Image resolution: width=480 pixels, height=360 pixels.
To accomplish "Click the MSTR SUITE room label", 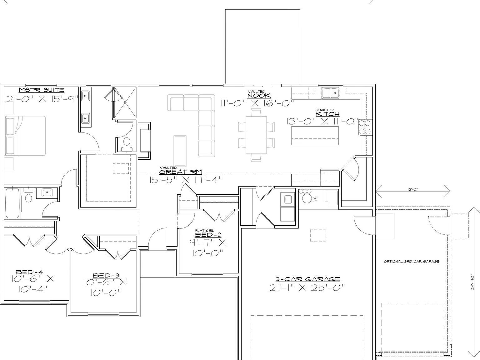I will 42,90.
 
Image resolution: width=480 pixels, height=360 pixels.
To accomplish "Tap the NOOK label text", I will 259,96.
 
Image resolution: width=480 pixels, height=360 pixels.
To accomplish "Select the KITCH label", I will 328,114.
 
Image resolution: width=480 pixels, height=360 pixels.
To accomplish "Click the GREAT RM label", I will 181,172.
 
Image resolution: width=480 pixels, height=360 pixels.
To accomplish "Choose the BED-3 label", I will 106,275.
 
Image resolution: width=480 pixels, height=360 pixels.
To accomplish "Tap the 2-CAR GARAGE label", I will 307,279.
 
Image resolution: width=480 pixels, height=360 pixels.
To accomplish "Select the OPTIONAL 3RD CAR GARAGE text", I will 411,262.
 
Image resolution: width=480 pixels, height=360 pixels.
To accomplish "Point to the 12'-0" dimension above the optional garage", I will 412,189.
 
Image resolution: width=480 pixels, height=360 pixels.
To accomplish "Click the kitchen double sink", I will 331,93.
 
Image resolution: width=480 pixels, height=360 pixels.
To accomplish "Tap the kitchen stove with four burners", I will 365,127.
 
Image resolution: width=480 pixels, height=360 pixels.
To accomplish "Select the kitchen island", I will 315,135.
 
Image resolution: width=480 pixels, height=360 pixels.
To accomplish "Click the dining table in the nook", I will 256,135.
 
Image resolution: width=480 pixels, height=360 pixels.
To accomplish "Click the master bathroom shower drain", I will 125,102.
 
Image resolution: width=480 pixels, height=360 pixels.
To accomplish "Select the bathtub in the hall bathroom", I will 12,203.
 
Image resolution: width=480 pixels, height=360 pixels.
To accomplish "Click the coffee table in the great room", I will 180,151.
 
